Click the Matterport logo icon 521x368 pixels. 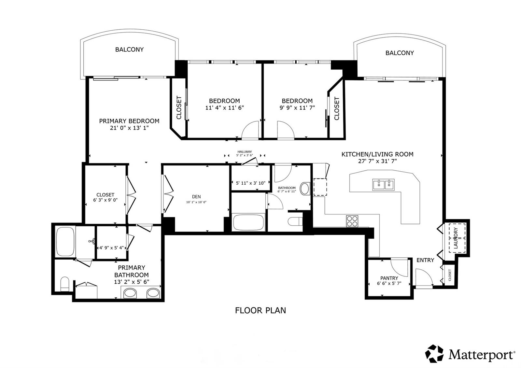pyautogui.click(x=434, y=353)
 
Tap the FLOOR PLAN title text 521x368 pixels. pyautogui.click(x=260, y=311)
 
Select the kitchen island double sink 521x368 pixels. pyautogui.click(x=383, y=185)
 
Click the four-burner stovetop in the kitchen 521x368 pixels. pyautogui.click(x=352, y=221)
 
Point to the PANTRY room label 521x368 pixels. pyautogui.click(x=389, y=278)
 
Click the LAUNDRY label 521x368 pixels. pyautogui.click(x=456, y=238)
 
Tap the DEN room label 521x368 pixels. pyautogui.click(x=196, y=197)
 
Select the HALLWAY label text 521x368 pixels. pyautogui.click(x=245, y=152)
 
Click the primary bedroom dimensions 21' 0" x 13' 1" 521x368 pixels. pyautogui.click(x=129, y=128)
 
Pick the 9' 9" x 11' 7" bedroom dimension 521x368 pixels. pyautogui.click(x=297, y=107)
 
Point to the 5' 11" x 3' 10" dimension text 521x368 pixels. pyautogui.click(x=251, y=183)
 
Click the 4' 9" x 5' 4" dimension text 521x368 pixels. pyautogui.click(x=112, y=248)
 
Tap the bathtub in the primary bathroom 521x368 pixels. pyautogui.click(x=65, y=242)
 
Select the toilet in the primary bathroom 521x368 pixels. pyautogui.click(x=65, y=284)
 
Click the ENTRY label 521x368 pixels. pyautogui.click(x=425, y=260)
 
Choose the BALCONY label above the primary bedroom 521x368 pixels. pyautogui.click(x=129, y=50)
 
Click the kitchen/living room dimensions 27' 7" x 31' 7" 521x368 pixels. pyautogui.click(x=377, y=161)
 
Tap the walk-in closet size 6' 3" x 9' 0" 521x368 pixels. pyautogui.click(x=106, y=200)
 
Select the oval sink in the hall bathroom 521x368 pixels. pyautogui.click(x=305, y=189)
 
